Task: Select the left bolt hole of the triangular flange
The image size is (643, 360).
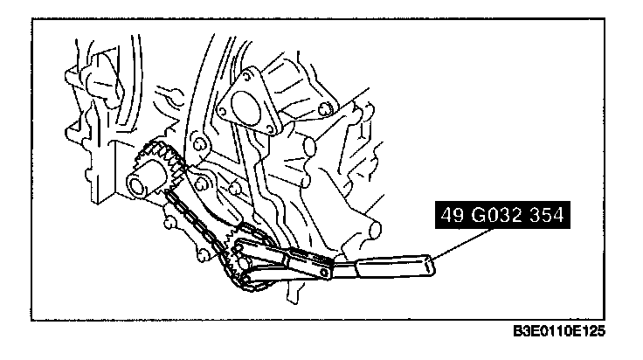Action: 224,110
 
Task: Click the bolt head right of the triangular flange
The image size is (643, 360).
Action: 324,108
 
